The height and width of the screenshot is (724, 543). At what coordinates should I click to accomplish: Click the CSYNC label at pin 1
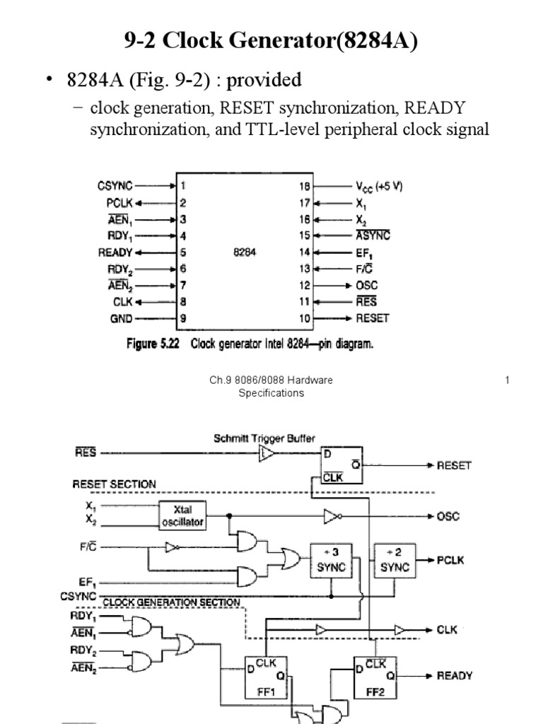pos(114,187)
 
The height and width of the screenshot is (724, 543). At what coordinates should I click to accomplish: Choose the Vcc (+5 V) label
pos(379,187)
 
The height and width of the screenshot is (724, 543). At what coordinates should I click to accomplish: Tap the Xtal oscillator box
pos(182,515)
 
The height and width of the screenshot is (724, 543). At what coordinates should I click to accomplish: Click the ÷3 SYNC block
pos(327,561)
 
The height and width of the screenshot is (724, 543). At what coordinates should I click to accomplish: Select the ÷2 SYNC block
pos(395,561)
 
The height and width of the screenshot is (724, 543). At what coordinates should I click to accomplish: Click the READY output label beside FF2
pos(455,676)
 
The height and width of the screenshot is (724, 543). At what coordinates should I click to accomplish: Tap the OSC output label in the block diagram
pos(448,516)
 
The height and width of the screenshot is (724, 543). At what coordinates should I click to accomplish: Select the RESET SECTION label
pos(114,484)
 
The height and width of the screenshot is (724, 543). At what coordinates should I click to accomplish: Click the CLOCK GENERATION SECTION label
pos(171,602)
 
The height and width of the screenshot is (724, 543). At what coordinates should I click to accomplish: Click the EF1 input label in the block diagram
pos(88,582)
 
